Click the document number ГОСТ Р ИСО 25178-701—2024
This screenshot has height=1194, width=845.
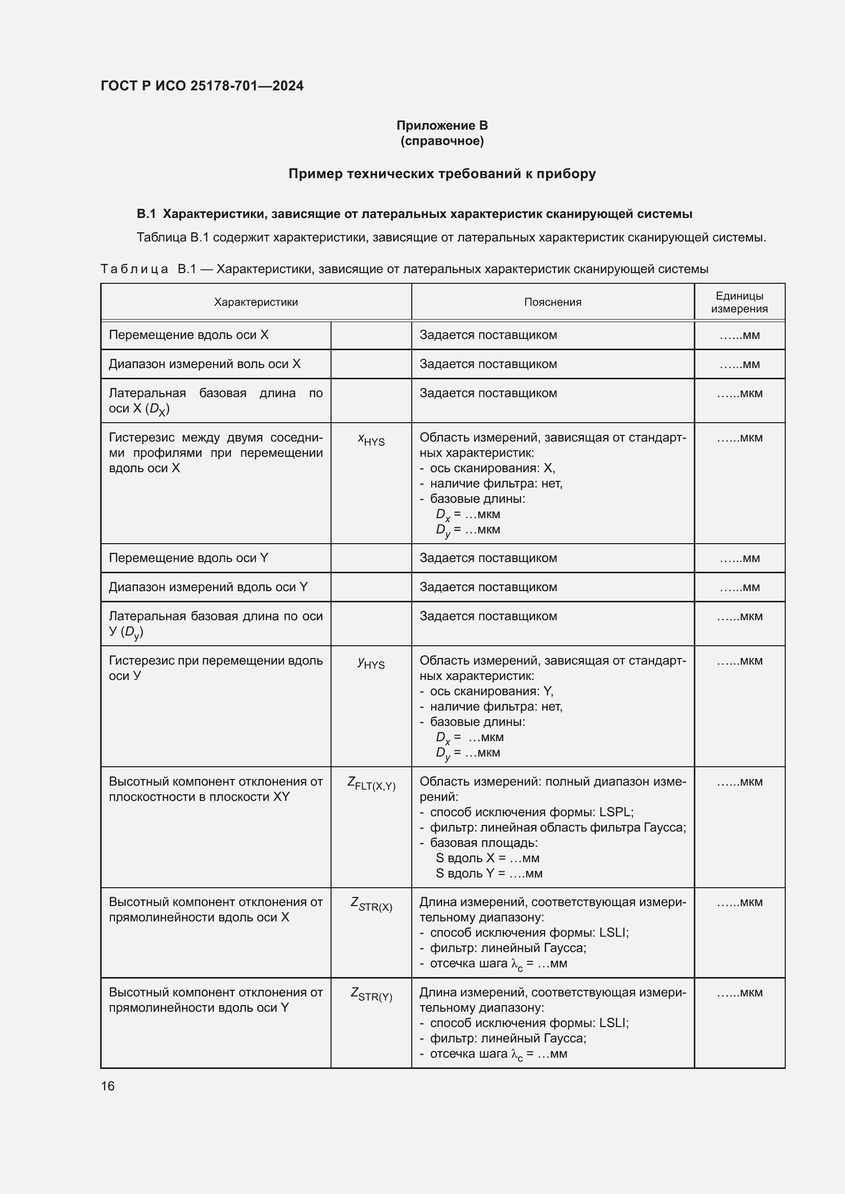tap(202, 86)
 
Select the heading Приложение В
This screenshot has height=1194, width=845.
tap(442, 126)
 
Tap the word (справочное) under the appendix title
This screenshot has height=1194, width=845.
tap(442, 141)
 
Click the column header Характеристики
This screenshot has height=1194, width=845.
tap(255, 302)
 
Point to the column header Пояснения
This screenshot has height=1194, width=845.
tap(553, 302)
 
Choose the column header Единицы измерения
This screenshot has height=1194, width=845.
tap(739, 302)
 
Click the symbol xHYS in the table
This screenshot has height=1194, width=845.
tap(371, 440)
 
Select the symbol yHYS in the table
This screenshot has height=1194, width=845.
tap(371, 663)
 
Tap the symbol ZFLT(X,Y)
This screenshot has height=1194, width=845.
tap(371, 784)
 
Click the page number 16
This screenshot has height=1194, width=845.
tap(108, 1086)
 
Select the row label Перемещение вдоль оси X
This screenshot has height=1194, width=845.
tap(189, 335)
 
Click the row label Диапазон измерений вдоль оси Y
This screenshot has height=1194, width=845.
tap(208, 587)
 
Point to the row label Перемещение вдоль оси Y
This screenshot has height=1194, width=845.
tap(189, 558)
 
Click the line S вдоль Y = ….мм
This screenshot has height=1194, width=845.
tap(488, 873)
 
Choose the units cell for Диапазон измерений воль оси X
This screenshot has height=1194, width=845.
tap(739, 364)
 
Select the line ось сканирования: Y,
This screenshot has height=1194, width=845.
tap(491, 691)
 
